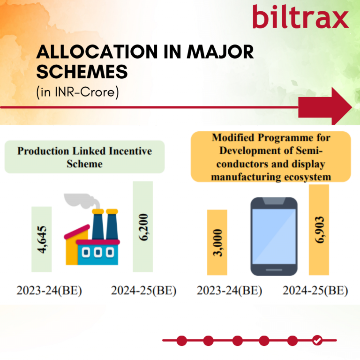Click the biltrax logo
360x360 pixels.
click(300, 16)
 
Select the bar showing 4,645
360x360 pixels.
click(42, 239)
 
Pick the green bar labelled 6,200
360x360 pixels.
click(143, 226)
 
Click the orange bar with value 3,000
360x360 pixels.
click(217, 242)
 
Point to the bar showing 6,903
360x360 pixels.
click(319, 230)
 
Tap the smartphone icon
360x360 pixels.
click(274, 236)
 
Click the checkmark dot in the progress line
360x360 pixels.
click(317, 340)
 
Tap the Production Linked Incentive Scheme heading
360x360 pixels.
click(85, 157)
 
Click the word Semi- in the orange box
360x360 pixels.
click(309, 150)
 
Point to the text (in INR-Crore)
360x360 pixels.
click(78, 92)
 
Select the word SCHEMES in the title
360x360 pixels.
click(82, 72)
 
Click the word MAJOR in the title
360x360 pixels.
click(220, 52)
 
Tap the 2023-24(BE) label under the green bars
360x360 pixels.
click(49, 290)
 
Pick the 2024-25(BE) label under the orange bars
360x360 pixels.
click(315, 290)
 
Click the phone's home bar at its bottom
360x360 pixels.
click(274, 270)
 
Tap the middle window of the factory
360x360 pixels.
click(98, 252)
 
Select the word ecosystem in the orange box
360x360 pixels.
click(307, 177)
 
